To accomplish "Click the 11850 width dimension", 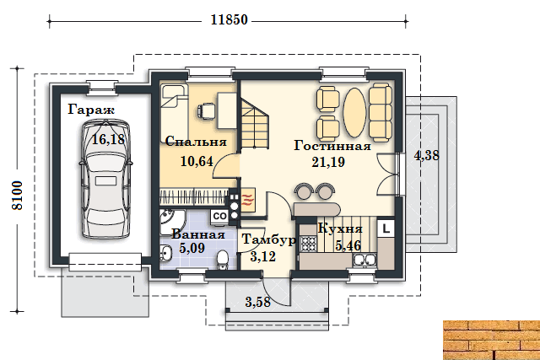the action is [229, 20].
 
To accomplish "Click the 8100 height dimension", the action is [17, 195].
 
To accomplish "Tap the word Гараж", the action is [91, 110].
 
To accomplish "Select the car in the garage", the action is [105, 179].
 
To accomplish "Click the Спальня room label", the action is [196, 142].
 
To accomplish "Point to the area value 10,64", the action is [197, 161].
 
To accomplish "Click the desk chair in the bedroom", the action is [206, 111].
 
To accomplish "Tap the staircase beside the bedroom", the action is [255, 123].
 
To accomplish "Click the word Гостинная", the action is [332, 146].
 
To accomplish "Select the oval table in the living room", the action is [354, 112].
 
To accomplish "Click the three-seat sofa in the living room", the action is [381, 112].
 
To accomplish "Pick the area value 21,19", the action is [328, 162].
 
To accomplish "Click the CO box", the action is [219, 216].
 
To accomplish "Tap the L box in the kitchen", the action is [386, 228].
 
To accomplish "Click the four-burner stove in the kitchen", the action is [308, 244].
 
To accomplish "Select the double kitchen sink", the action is [364, 260].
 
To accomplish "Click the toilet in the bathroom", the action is [223, 260].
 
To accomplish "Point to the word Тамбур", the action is [268, 240].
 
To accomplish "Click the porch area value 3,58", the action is [258, 302].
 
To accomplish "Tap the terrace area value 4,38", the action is [427, 156].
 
